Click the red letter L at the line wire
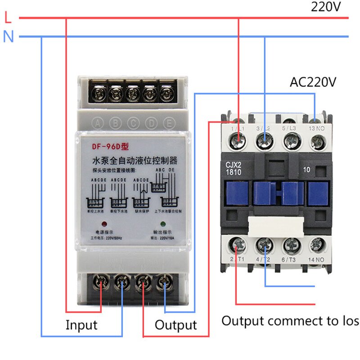click(x=8, y=18)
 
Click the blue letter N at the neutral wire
click(x=9, y=36)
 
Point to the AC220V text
click(x=313, y=82)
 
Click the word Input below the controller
click(x=81, y=324)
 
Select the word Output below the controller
click(x=175, y=325)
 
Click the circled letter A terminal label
click(x=98, y=122)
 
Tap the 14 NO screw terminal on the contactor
click(x=317, y=246)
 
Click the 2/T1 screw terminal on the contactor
click(x=237, y=246)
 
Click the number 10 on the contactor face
click(x=308, y=170)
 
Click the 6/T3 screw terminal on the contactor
click(x=291, y=246)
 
